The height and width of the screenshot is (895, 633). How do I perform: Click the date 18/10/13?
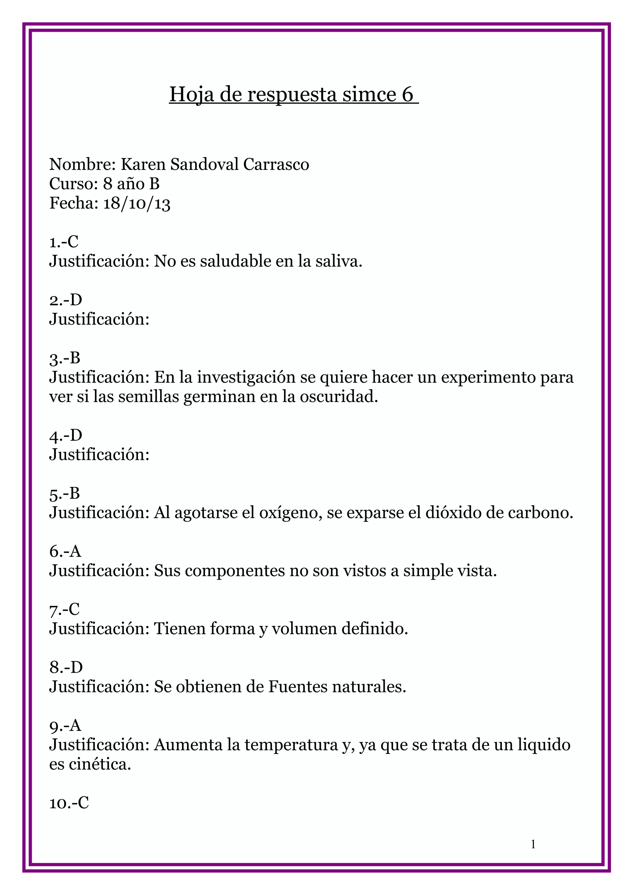pos(137,204)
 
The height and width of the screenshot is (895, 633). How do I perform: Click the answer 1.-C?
pos(64,242)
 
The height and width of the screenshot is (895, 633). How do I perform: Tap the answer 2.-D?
pos(66,300)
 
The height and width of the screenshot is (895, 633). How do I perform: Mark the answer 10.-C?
pos(69,803)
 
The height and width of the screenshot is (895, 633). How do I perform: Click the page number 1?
pos(533,845)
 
